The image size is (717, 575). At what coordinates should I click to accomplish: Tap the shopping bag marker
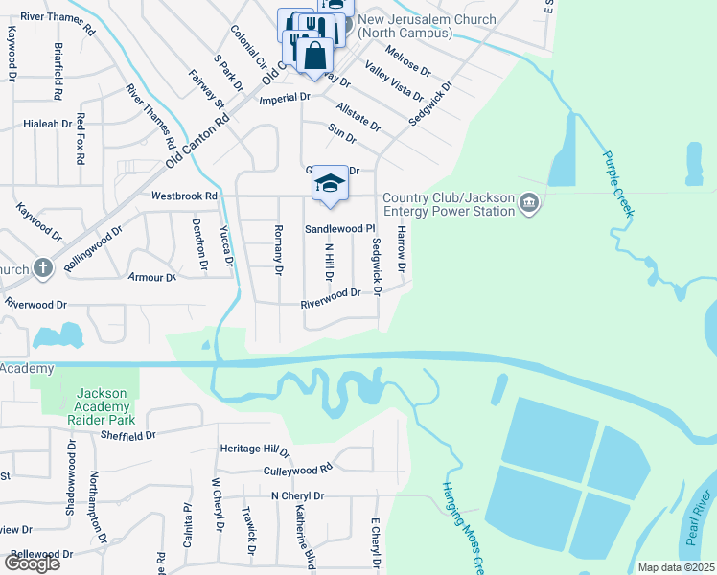[x=313, y=56]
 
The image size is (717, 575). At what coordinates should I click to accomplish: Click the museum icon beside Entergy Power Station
[x=530, y=204]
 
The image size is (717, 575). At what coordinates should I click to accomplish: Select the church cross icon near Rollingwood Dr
[x=42, y=268]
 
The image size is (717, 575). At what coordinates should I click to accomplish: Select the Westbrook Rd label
[x=185, y=195]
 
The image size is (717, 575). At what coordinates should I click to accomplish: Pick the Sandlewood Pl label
[x=338, y=229]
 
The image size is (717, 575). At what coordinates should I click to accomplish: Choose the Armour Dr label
[x=152, y=277]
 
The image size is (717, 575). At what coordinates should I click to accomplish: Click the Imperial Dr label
[x=285, y=98]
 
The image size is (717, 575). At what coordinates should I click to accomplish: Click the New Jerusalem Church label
[x=427, y=26]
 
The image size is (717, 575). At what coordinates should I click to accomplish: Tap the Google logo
[x=31, y=563]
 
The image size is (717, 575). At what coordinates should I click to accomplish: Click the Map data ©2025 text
[x=676, y=567]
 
